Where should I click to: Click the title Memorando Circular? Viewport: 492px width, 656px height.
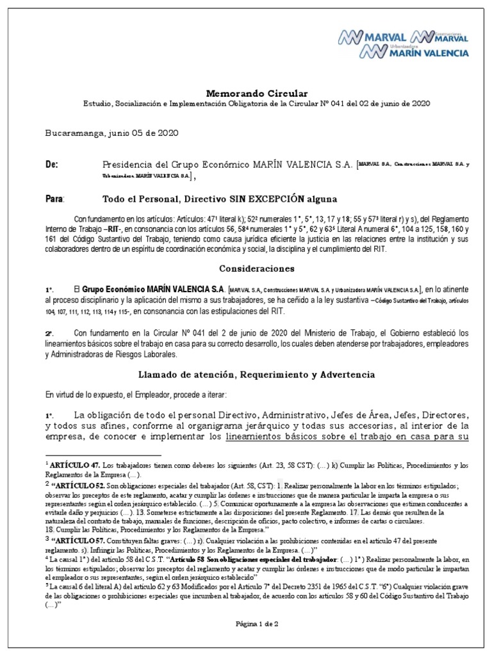pyautogui.click(x=246, y=94)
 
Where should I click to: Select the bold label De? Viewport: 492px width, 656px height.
pyautogui.click(x=52, y=165)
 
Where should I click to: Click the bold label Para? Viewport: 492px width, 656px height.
pyautogui.click(x=54, y=199)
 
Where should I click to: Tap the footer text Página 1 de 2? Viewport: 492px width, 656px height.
pyautogui.click(x=247, y=622)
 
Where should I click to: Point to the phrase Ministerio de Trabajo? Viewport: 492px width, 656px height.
pyautogui.click(x=335, y=332)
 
